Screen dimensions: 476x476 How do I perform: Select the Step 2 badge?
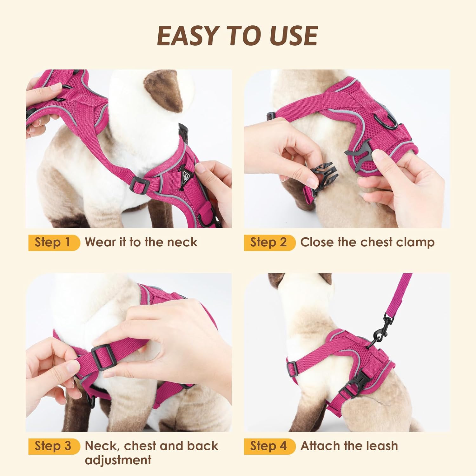pyautogui.click(x=269, y=242)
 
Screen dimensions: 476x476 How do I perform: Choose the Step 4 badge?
pyautogui.click(x=269, y=446)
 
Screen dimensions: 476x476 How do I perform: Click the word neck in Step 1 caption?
pyautogui.click(x=182, y=242)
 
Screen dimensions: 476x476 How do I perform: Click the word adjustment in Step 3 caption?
pyautogui.click(x=118, y=460)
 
